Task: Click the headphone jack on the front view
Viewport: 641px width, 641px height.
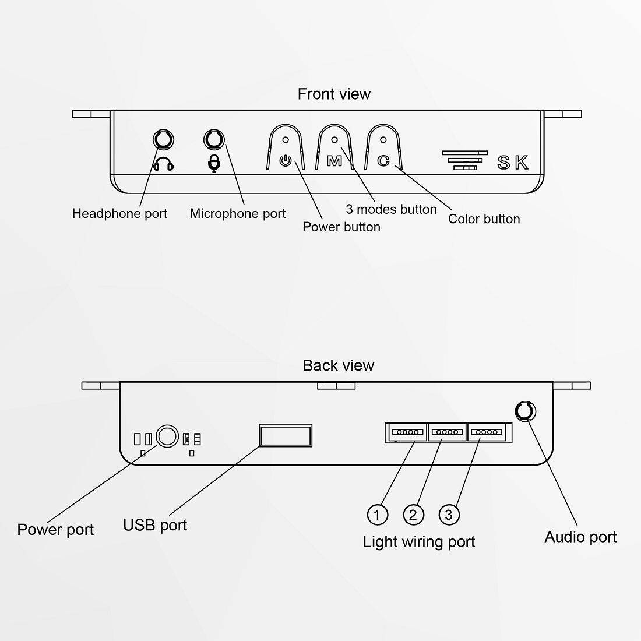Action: [163, 140]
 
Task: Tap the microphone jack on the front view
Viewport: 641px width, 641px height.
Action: [214, 140]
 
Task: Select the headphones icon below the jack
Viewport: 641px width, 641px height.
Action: [163, 164]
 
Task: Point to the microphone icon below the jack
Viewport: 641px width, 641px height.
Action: [214, 164]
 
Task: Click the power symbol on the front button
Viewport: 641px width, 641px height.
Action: [285, 160]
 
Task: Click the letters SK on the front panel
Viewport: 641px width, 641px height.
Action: [513, 163]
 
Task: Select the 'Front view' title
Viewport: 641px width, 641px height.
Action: [334, 94]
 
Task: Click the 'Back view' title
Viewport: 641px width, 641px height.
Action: [338, 365]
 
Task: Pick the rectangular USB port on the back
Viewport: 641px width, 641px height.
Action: [285, 435]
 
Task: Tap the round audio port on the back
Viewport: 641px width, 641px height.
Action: [526, 411]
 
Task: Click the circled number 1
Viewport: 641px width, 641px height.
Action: [377, 515]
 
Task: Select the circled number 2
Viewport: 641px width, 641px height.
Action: [413, 515]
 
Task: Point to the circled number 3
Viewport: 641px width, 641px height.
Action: [449, 515]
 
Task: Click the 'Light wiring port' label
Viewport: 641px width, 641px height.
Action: [418, 542]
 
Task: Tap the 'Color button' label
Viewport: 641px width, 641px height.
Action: [484, 219]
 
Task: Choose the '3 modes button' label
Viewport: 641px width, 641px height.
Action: [391, 209]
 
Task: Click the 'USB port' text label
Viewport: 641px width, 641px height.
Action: [155, 525]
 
